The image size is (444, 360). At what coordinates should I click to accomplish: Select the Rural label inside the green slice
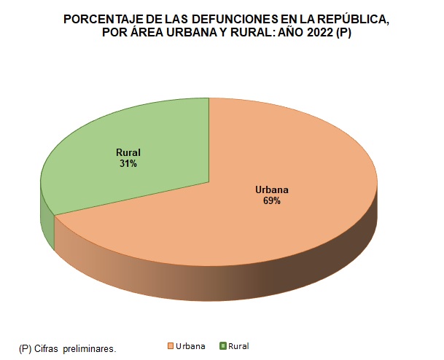[x=128, y=152]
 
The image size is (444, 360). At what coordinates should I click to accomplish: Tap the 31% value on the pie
[x=128, y=164]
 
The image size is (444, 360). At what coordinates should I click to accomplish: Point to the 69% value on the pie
[x=271, y=201]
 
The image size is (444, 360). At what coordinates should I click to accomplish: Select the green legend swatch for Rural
[x=224, y=345]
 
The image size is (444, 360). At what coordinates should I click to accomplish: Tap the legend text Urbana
[x=190, y=345]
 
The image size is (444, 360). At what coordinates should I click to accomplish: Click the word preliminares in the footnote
[x=90, y=349]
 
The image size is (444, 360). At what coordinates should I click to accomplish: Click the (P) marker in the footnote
[x=25, y=349]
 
